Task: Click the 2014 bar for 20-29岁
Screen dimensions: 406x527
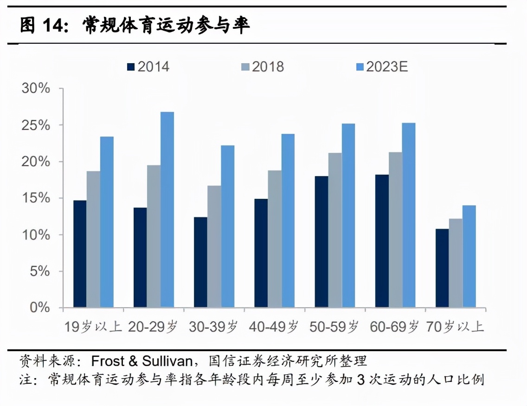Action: click(140, 257)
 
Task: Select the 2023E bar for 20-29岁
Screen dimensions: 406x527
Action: click(167, 210)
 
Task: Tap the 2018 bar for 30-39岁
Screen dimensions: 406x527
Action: click(214, 246)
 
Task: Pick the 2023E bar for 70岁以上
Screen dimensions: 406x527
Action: click(469, 256)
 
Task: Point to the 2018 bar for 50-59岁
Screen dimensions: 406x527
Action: click(335, 230)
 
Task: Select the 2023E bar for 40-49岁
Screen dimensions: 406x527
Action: click(288, 221)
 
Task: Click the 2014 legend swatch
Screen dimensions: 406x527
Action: click(130, 67)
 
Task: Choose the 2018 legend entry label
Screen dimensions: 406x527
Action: click(268, 67)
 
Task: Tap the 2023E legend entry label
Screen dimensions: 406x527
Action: click(387, 67)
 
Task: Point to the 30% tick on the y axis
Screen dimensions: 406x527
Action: click(36, 89)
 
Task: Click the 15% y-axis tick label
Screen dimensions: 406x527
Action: click(36, 198)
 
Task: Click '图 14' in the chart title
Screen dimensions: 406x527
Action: click(41, 26)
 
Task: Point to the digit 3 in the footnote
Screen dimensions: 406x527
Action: click(360, 380)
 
